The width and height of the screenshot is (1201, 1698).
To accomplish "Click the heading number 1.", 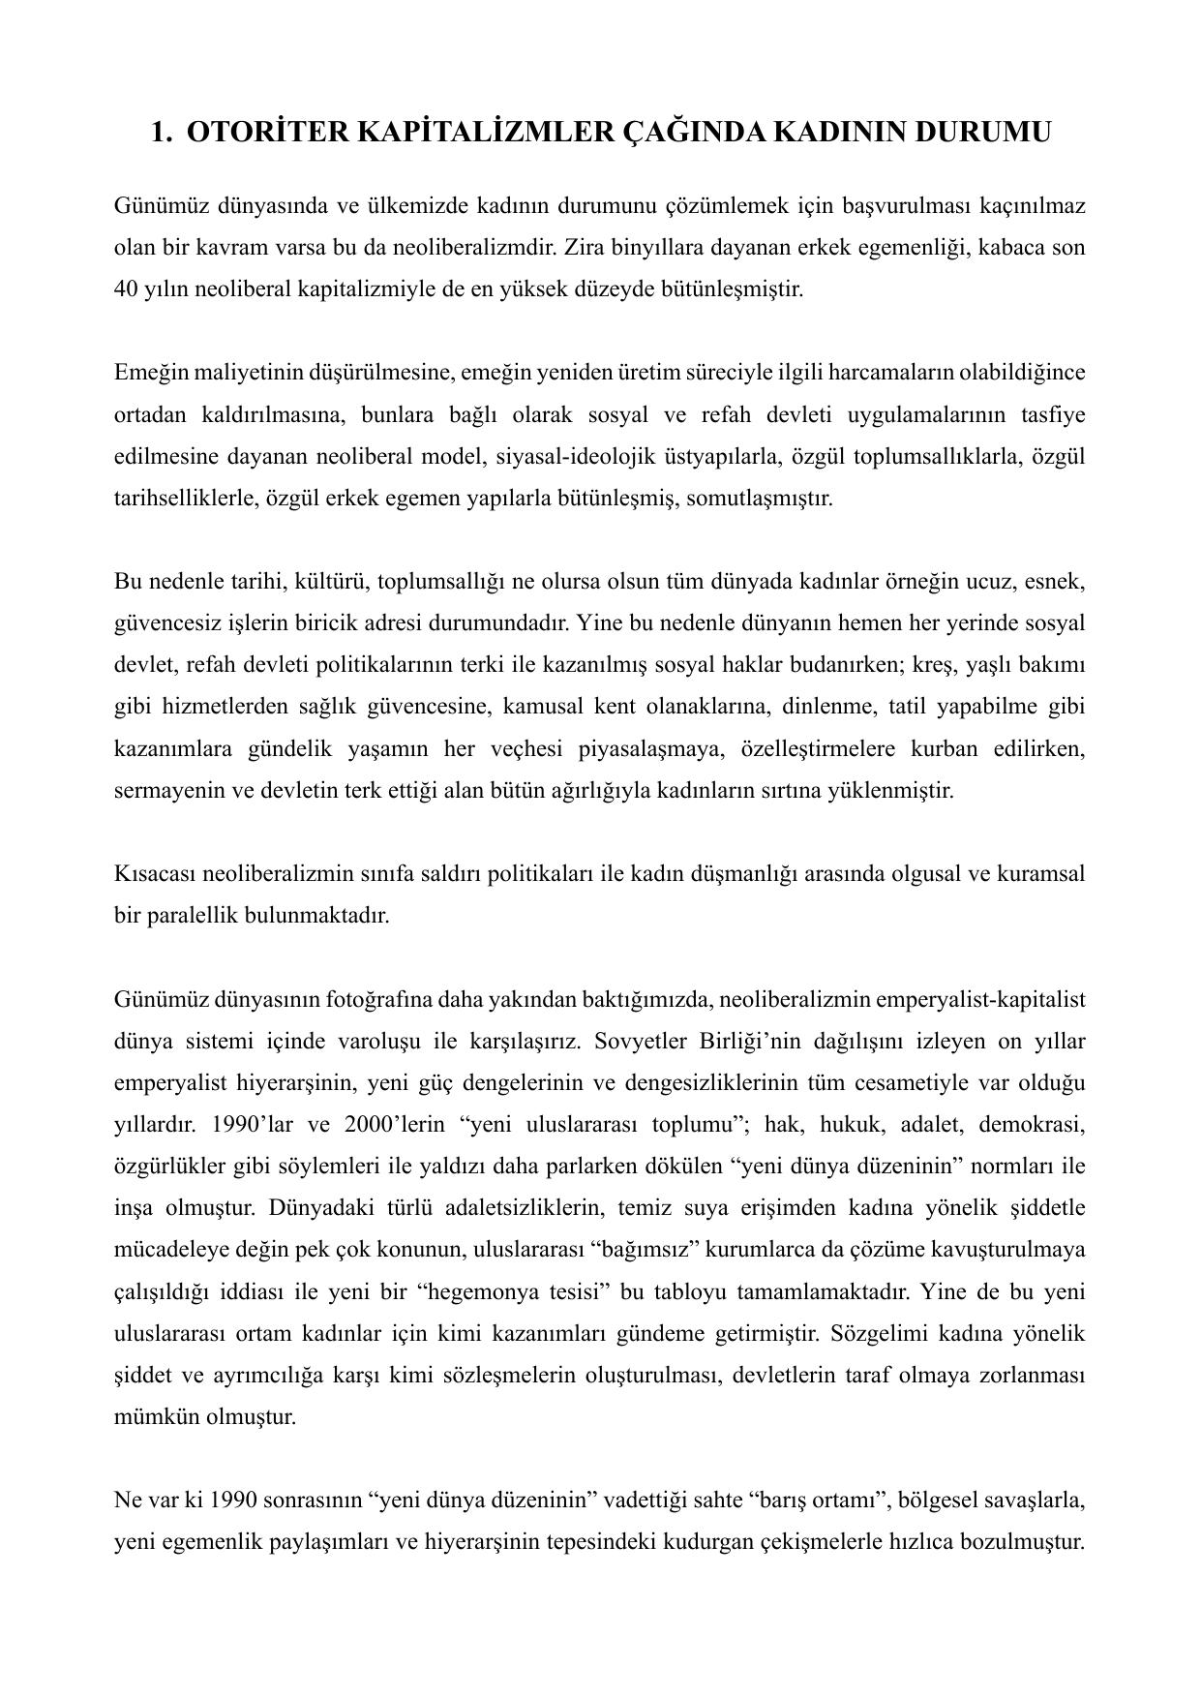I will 161,132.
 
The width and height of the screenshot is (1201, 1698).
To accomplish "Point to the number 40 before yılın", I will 126,289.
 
